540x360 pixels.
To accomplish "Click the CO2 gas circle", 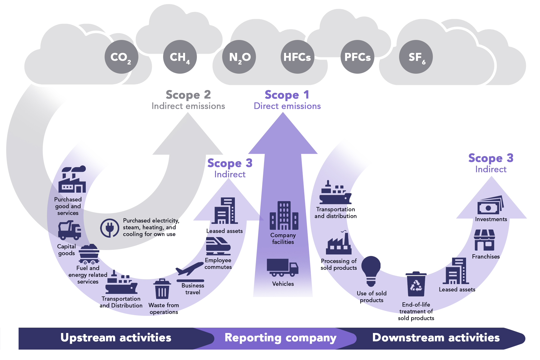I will pos(121,57).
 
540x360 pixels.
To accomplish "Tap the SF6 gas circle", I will pos(416,57).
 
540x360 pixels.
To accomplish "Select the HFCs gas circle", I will pos(297,57).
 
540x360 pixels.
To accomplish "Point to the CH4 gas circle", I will pos(180,57).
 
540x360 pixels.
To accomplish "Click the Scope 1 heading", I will pos(287,95).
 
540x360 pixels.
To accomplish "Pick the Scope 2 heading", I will pos(188,95).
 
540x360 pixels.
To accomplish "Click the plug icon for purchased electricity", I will pos(110,228).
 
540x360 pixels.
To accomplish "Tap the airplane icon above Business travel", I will pos(190,269).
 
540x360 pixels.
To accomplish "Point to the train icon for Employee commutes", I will pos(218,246).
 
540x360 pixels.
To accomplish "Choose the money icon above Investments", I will pos(490,205).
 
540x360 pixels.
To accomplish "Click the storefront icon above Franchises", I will pos(484,240).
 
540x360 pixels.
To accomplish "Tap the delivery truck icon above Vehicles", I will pos(282,267).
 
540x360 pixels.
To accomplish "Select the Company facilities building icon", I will pos(284,215).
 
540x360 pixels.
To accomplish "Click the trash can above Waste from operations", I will pos(162,289).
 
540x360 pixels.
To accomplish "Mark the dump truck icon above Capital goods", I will pos(69,230).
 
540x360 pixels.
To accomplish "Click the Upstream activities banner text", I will pos(116,338).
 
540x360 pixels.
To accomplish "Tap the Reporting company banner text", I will pos(280,338).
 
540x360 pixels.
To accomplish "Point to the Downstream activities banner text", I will pos(436,338).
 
